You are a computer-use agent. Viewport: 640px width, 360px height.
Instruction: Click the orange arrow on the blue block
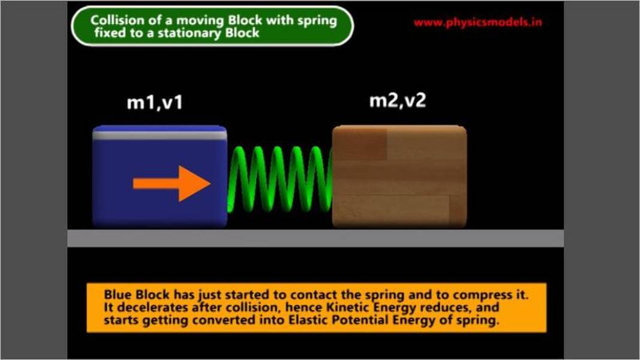(x=172, y=184)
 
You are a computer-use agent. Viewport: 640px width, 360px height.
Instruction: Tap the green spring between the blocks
(x=280, y=179)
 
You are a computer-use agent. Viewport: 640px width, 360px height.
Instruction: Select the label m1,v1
(x=155, y=103)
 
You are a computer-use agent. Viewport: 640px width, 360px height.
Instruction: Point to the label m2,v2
(x=398, y=100)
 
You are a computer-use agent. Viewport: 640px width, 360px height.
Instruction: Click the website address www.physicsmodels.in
(x=478, y=22)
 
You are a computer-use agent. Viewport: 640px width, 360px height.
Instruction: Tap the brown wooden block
(x=399, y=176)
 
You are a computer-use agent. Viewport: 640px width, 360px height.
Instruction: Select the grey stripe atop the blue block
(x=160, y=135)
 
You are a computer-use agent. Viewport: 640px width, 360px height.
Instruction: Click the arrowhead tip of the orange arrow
(x=210, y=184)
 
